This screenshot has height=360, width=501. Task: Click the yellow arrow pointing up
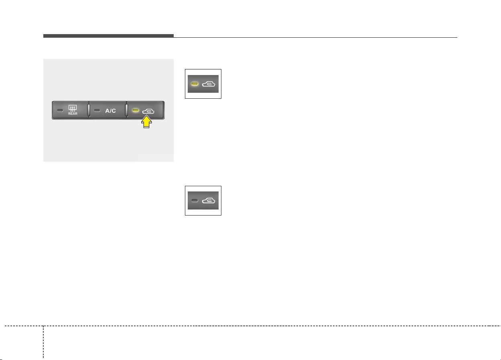click(146, 122)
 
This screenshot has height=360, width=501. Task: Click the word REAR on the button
click(73, 114)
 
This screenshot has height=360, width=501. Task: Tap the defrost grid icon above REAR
click(73, 108)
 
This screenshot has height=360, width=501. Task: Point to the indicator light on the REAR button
click(60, 110)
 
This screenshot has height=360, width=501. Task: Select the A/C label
click(110, 111)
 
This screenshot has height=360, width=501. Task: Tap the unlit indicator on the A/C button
click(97, 110)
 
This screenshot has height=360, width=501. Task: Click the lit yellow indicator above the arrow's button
click(136, 110)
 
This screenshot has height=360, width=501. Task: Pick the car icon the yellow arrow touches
click(148, 111)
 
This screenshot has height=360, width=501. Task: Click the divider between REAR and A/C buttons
click(89, 110)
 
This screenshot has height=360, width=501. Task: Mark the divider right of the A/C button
click(127, 110)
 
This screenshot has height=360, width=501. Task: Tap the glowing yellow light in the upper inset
click(195, 84)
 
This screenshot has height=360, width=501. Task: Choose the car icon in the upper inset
click(209, 84)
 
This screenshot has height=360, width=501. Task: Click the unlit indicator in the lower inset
click(195, 201)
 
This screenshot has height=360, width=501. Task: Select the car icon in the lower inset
click(209, 201)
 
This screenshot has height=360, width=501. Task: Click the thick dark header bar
click(108, 36)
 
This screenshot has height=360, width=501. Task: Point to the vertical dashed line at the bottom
click(43, 342)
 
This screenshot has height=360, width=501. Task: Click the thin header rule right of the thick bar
click(315, 37)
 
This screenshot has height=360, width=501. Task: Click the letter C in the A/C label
click(114, 111)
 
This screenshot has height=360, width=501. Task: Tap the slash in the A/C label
click(110, 111)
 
